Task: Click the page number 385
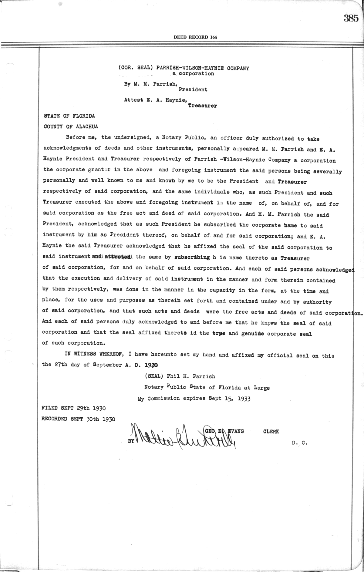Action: (351, 18)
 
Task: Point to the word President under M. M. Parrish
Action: (193, 89)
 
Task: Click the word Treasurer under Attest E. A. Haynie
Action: (202, 106)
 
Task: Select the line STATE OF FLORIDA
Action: (69, 116)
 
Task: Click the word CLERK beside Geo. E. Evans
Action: (271, 431)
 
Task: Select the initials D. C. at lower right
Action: (300, 442)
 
